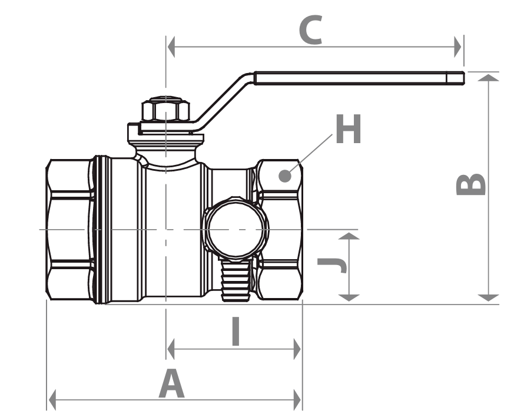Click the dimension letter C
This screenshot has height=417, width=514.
tap(310, 29)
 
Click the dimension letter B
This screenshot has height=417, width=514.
tap(471, 184)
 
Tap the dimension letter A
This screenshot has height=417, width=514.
tap(171, 383)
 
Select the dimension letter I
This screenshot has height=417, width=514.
tap(236, 331)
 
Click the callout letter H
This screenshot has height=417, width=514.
tap(349, 129)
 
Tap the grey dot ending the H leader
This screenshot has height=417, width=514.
tap(285, 176)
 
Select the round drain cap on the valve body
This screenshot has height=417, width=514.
tap(236, 230)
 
